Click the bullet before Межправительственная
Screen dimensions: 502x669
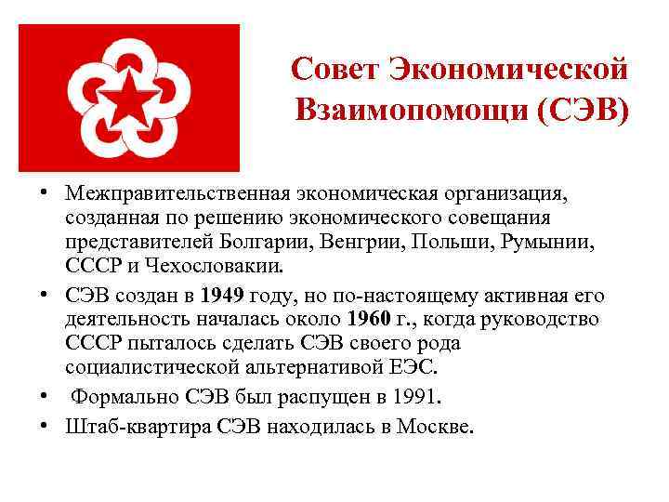click(x=45, y=193)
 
